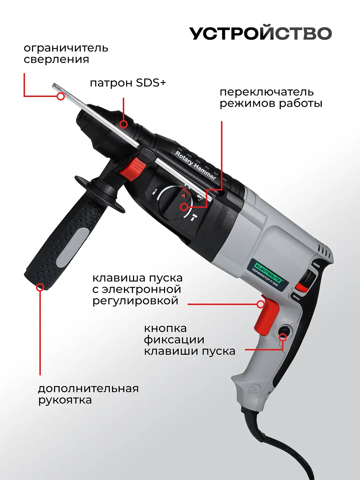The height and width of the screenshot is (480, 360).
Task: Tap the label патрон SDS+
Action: point(128,83)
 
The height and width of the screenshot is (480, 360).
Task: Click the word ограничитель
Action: point(66,48)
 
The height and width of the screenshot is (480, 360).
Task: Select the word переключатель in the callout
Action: point(267,92)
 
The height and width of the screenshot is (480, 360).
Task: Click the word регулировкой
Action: point(135,301)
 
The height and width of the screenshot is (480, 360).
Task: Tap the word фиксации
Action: point(174,340)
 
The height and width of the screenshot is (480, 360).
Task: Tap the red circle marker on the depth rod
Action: point(60,96)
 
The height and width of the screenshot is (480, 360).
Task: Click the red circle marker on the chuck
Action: point(123,124)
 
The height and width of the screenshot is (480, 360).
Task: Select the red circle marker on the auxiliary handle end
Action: point(40,287)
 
